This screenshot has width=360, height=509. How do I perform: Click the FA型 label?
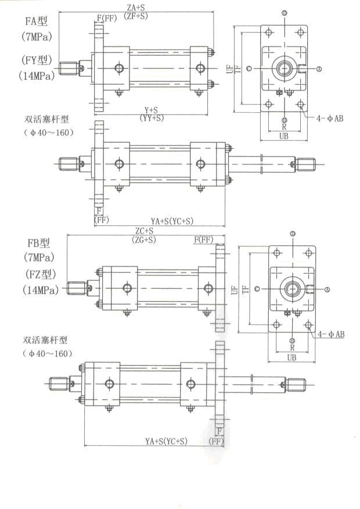[36, 22]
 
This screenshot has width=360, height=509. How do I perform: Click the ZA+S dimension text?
[137, 8]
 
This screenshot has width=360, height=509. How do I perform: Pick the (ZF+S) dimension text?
[137, 16]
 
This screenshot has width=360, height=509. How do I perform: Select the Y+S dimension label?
[152, 109]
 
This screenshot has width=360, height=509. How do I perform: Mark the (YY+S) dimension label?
[152, 117]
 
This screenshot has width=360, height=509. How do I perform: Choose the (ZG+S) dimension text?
[144, 239]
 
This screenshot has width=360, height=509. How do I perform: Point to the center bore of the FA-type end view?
[284, 69]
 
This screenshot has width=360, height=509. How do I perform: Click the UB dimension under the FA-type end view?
[285, 136]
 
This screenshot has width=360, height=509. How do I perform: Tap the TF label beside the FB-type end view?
[246, 288]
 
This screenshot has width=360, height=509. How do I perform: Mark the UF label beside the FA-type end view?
[229, 69]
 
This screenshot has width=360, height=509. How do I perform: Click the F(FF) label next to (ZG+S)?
[204, 239]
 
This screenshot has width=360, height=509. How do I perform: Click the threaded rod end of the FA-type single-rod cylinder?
[69, 67]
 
